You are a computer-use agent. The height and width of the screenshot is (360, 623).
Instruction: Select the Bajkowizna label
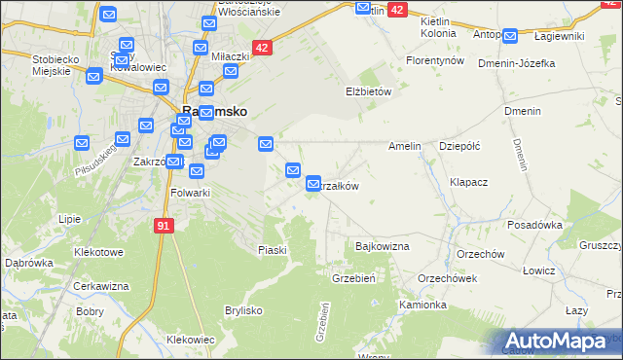(383, 247)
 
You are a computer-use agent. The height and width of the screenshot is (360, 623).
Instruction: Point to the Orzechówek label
(447, 277)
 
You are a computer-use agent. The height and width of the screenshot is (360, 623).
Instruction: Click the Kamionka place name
(422, 305)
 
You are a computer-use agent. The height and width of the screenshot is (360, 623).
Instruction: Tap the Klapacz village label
(469, 182)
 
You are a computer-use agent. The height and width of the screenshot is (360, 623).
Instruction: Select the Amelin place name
(404, 146)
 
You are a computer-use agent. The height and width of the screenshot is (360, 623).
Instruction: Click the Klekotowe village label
(99, 252)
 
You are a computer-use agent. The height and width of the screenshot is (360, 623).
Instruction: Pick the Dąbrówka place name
(28, 263)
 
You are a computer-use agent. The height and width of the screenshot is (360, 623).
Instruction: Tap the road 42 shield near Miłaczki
(261, 47)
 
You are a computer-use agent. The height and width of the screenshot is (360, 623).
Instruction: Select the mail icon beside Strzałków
(313, 183)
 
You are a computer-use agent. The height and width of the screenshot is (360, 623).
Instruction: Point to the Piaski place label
(273, 250)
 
